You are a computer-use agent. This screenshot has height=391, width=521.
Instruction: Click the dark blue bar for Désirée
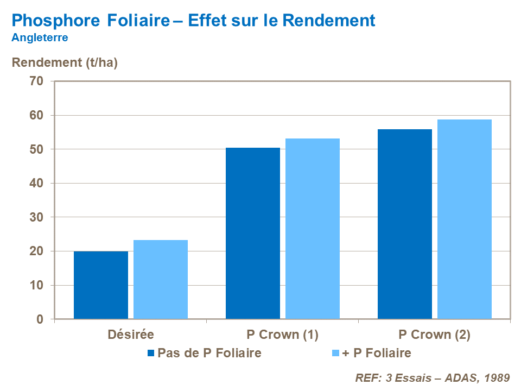pos(101,285)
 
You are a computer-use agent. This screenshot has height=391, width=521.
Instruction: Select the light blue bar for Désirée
pos(161,280)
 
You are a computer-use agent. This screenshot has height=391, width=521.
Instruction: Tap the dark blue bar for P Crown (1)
pos(253,234)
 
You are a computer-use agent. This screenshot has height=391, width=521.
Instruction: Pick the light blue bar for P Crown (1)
pos(313,229)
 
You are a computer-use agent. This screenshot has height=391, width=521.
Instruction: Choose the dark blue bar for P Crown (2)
pos(405,224)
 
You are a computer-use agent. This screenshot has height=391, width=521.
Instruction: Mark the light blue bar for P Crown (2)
pos(465,219)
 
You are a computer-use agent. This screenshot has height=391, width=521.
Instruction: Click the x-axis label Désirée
pos(130,335)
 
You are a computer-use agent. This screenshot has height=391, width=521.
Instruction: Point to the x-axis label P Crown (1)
pos(282,335)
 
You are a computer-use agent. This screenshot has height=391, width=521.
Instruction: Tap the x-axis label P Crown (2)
pos(434,335)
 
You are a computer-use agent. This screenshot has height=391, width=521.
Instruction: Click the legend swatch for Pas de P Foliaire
pos(151,354)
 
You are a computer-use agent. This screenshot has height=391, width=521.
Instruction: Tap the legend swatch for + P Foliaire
pos(335,354)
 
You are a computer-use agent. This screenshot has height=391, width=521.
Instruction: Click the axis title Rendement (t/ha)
pos(65,62)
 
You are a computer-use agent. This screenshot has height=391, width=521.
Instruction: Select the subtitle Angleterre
pos(40,38)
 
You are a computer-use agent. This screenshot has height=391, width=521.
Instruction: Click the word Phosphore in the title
pos(55,21)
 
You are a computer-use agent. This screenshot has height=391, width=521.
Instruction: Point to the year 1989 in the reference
pos(495,377)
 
